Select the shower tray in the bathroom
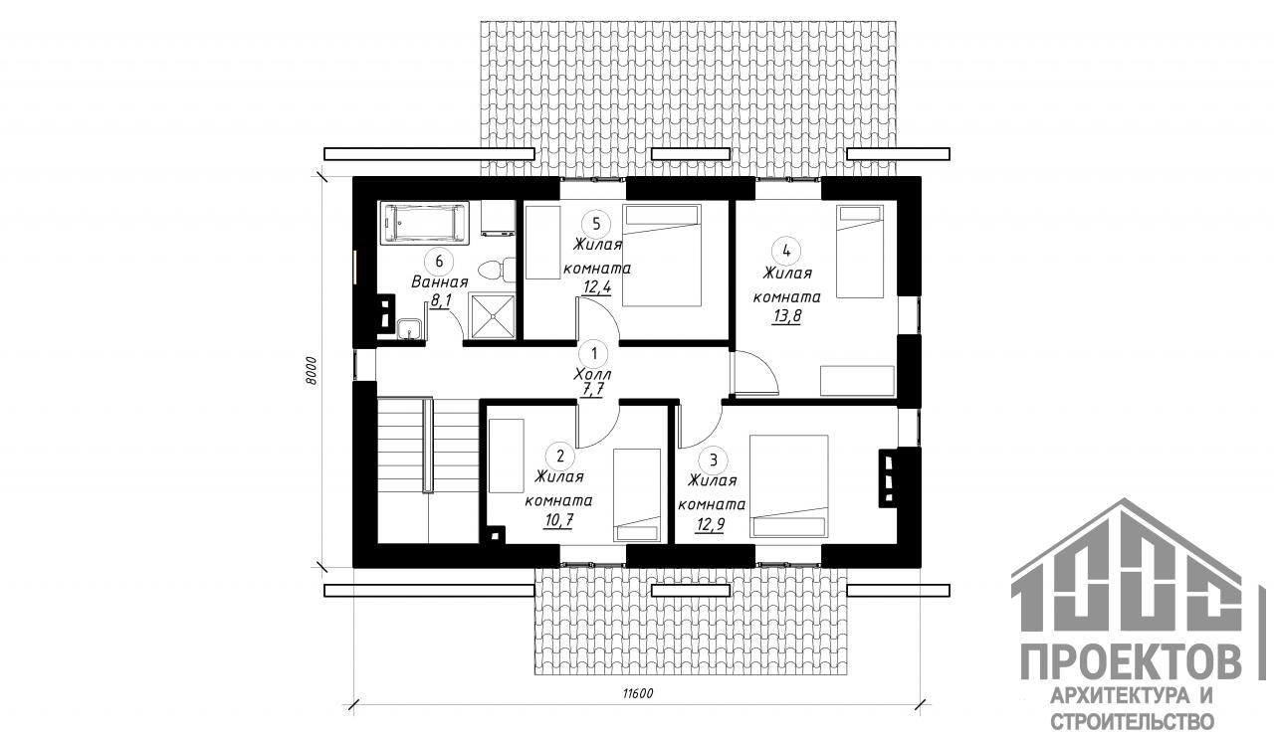[492, 316]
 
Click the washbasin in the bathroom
[409, 330]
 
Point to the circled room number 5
[596, 224]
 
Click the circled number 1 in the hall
[594, 354]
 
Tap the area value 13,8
[786, 316]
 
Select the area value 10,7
[558, 520]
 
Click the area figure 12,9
[710, 523]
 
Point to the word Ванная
[440, 282]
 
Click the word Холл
[592, 375]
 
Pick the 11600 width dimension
[638, 693]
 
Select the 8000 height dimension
[310, 371]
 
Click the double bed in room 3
[789, 486]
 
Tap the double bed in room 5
[662, 256]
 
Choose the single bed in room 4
[860, 251]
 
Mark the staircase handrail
[426, 444]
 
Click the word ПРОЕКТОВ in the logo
[1132, 661]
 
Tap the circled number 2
[560, 456]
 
